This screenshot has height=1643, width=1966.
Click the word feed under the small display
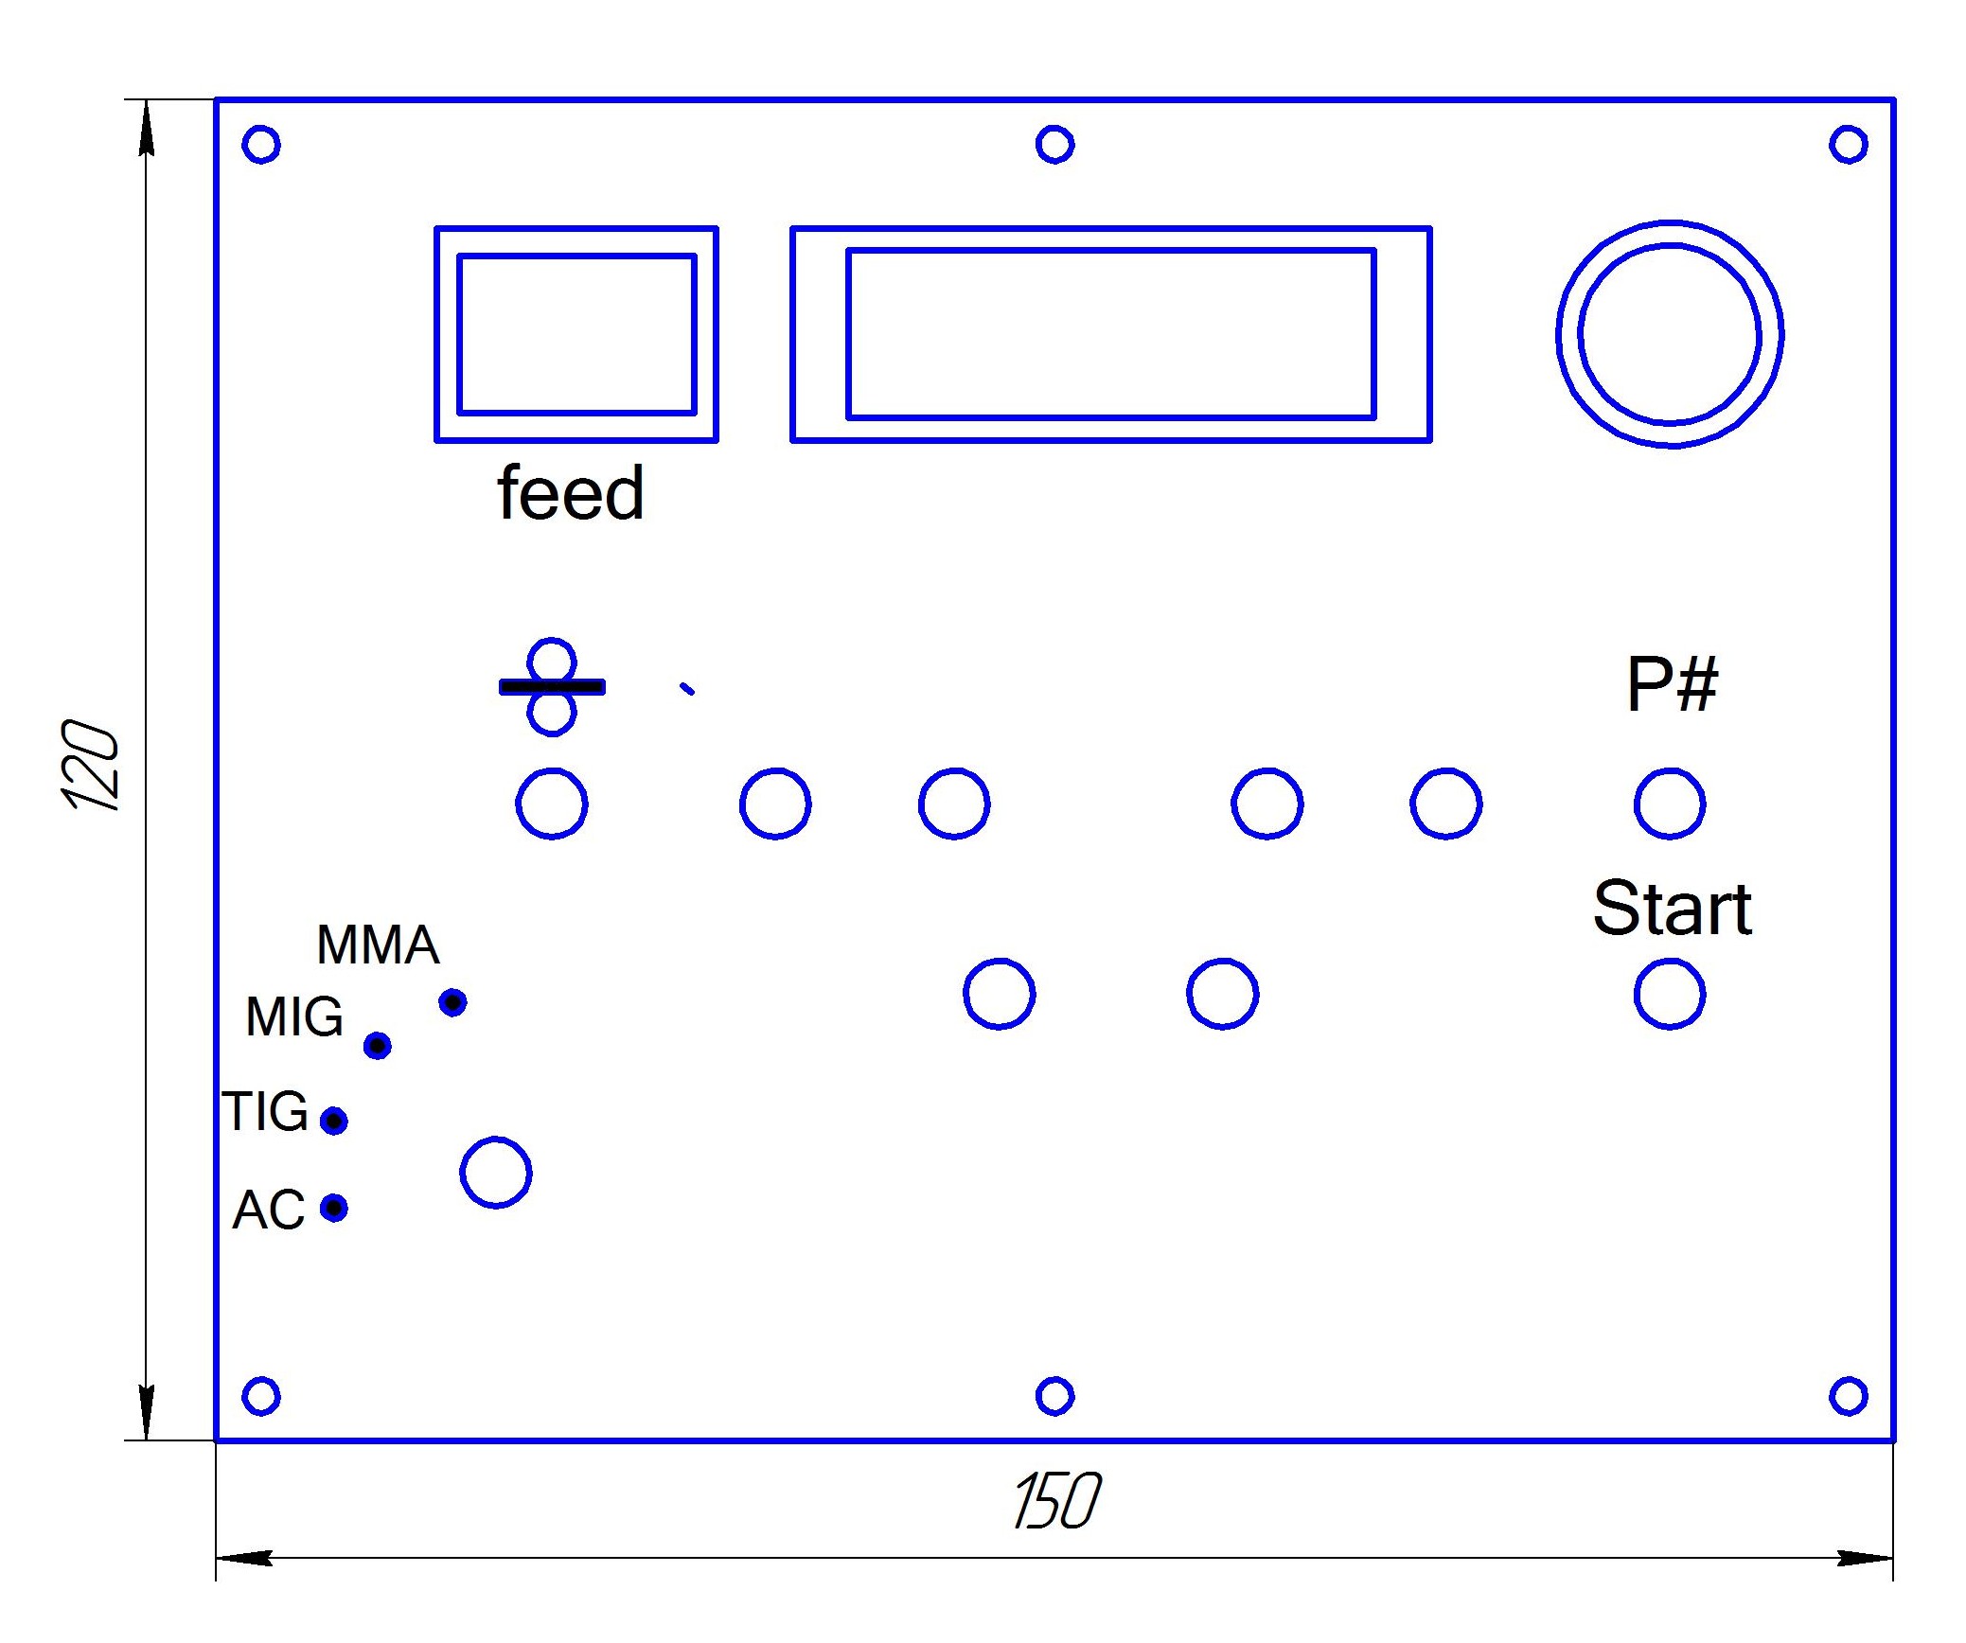coord(570,493)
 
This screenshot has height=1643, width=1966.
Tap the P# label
coord(1672,684)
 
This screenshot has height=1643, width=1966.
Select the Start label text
coord(1672,908)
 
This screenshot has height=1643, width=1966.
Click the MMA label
coord(378,945)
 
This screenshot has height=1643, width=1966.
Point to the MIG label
coord(294,1017)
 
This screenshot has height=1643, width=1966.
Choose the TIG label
coord(266,1111)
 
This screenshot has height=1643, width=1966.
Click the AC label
coord(269,1210)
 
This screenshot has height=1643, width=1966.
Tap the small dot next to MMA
coord(452,1002)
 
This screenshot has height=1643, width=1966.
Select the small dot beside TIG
coord(333,1121)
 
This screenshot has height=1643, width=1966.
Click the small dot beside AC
coord(333,1208)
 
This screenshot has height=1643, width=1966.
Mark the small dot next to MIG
coord(378,1046)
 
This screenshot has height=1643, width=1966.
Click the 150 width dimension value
coord(1056,1501)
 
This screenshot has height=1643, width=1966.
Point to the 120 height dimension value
coord(90,765)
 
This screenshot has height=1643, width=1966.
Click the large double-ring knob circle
coord(1670,334)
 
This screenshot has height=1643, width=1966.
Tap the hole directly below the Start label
coord(1670,994)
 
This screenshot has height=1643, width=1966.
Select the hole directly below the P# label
coord(1670,804)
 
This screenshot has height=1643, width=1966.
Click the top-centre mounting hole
coord(1054,145)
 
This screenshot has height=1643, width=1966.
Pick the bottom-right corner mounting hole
coord(1848,1396)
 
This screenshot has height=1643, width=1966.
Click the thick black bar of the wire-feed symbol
coord(552,687)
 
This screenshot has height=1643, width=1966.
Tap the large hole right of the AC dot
coord(496,1173)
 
